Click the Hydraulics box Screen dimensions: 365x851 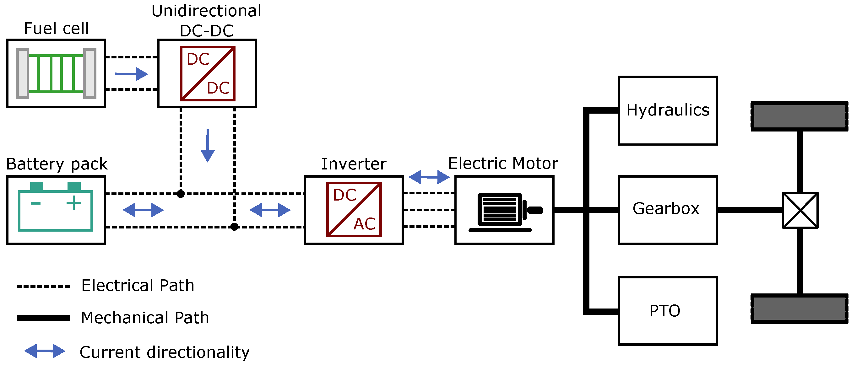668,111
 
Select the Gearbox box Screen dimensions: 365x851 668,210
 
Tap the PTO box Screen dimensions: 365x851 668,311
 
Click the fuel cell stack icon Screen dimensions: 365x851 56,73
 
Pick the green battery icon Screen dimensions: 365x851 55,207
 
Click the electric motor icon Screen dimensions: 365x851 504,212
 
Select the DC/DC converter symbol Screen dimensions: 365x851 208,73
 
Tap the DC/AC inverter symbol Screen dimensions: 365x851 354,209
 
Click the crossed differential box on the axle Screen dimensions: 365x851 800,210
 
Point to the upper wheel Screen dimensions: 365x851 800,116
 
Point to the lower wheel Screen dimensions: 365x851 800,309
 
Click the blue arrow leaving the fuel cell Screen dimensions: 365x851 132,74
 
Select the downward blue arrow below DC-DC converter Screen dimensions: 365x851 208,146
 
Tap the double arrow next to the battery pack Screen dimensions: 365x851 143,210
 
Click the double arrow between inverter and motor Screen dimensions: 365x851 429,177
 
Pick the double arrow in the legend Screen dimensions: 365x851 45,351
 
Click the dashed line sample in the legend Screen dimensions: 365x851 43,287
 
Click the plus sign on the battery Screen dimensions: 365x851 74,202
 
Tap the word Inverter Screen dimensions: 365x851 354,164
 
